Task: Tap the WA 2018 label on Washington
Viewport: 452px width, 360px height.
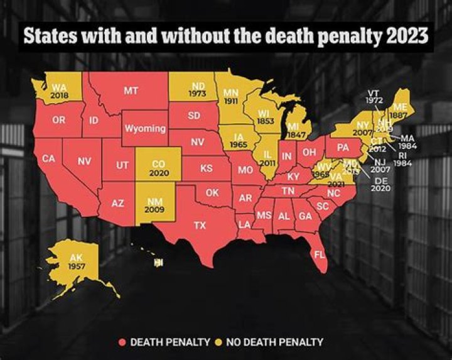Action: [x=60, y=91]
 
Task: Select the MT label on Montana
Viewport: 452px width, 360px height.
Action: [x=131, y=90]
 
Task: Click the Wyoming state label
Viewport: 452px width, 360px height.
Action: [x=144, y=128]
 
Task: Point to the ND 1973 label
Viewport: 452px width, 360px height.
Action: [x=197, y=90]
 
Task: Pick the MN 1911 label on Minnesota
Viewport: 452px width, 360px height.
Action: [x=231, y=96]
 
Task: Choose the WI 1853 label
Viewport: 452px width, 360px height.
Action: [x=266, y=116]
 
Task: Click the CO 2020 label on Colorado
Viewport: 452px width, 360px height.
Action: [x=159, y=168]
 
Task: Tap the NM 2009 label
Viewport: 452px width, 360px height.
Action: [x=154, y=206]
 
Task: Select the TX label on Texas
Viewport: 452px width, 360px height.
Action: [x=199, y=225]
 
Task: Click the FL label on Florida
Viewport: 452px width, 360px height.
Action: [x=320, y=255]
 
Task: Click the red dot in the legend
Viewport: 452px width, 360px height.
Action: [x=122, y=342]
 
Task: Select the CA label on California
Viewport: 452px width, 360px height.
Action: [x=48, y=159]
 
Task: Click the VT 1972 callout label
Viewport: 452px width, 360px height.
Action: [x=374, y=97]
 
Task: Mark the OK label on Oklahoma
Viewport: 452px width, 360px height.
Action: [x=212, y=193]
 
